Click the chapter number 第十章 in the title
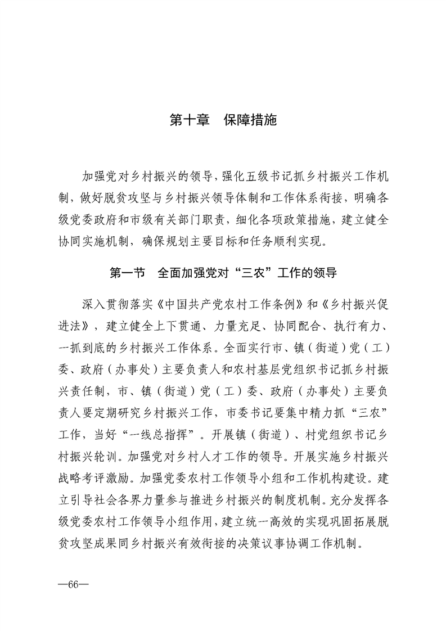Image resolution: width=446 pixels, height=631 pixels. pyautogui.click(x=190, y=120)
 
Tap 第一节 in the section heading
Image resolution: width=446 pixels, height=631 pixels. pyautogui.click(x=127, y=274)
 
